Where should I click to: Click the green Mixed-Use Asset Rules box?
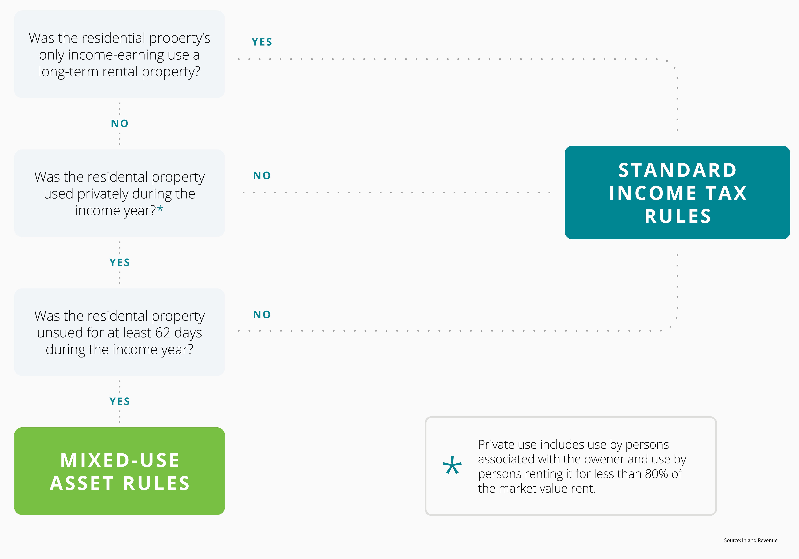(x=119, y=471)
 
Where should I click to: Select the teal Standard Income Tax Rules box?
(x=677, y=192)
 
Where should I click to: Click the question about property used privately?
(x=119, y=193)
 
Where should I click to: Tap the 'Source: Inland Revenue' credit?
(x=751, y=540)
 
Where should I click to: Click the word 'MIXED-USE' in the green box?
(x=120, y=460)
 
